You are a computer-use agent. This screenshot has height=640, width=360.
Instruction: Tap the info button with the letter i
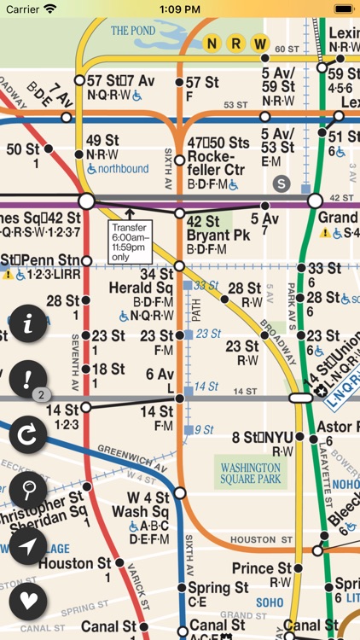click(28, 324)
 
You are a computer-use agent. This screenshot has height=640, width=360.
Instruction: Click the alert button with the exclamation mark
click(28, 379)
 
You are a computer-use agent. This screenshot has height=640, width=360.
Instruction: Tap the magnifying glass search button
click(28, 490)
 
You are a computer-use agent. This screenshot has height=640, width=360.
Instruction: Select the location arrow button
click(28, 545)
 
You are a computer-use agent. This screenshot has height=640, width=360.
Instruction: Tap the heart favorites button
click(28, 601)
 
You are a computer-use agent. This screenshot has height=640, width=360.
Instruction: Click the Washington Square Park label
click(250, 474)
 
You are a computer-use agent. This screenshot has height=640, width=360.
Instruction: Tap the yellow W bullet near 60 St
click(260, 44)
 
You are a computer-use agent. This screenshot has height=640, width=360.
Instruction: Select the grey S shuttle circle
click(282, 183)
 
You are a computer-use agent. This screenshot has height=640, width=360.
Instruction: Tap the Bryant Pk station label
click(206, 235)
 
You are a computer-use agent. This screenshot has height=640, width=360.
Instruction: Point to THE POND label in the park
click(133, 30)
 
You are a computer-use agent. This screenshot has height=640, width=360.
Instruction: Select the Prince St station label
click(262, 568)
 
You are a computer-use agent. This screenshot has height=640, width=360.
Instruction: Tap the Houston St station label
click(75, 563)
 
